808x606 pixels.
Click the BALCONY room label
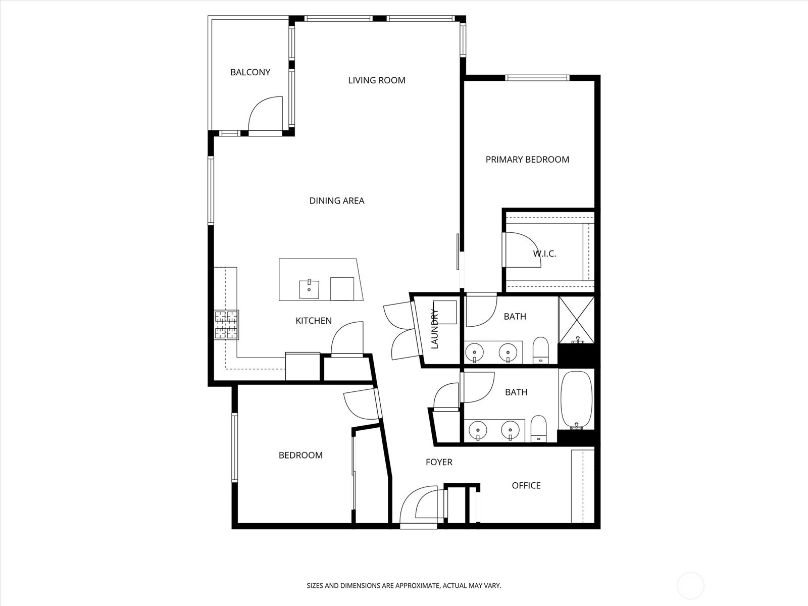250,72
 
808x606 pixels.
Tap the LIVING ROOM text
377,80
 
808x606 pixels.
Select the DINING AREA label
337,200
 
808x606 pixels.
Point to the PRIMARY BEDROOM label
527,159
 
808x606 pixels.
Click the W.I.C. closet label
544,254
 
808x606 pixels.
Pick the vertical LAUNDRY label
435,329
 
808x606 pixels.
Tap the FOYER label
439,462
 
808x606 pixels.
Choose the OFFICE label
526,486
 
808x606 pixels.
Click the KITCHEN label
314,321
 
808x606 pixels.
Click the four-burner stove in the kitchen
227,325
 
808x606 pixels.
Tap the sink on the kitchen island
309,289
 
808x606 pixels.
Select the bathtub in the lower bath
577,400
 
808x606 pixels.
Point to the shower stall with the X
577,320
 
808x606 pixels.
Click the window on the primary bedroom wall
537,78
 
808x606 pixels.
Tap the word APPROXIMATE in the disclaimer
417,585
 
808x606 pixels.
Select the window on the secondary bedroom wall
234,447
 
